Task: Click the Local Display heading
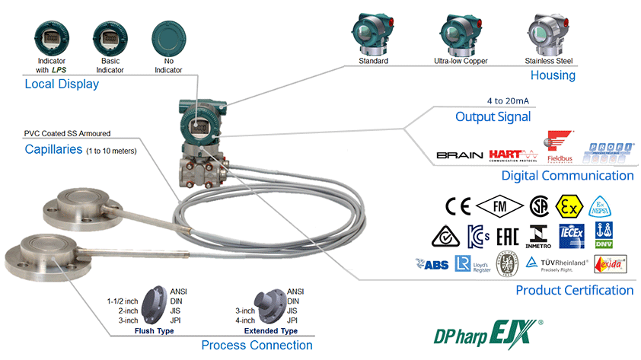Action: pos(62,84)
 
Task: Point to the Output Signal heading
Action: pos(493,116)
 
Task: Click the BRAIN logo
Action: pos(460,155)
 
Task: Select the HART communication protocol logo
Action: pos(515,155)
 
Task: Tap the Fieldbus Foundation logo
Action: pos(561,146)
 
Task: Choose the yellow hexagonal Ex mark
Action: pos(568,206)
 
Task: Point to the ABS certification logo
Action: pos(432,264)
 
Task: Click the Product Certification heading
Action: pos(574,290)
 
